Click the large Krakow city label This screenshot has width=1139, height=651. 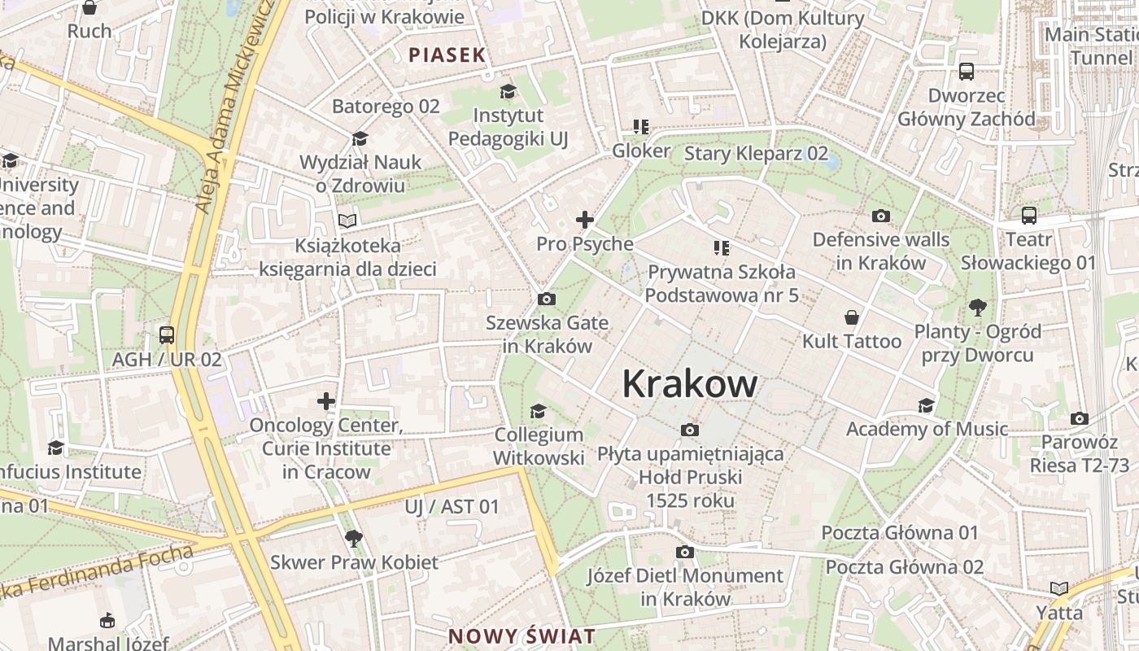point(690,384)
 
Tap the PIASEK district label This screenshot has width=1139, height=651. point(447,55)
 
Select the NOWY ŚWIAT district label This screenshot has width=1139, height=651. point(521,636)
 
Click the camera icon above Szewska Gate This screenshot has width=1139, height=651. point(547,299)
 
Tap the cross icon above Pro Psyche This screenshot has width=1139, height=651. point(584,219)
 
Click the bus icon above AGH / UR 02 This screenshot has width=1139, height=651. point(166,334)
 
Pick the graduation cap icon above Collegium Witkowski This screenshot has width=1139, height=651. point(538,410)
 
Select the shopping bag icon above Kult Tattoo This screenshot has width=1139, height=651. point(852,317)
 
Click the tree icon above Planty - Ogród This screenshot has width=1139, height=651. point(978,307)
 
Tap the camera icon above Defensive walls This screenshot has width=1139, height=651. point(880,216)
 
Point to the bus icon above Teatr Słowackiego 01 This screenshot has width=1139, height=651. point(1028,216)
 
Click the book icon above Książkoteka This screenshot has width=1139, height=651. point(347,221)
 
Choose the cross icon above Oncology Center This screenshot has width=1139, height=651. point(326,401)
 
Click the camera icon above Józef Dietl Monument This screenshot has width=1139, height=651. point(685,552)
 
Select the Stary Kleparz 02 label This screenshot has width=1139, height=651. point(756,153)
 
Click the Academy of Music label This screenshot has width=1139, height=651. point(927,429)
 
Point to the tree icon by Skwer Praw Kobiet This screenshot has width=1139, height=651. point(353,538)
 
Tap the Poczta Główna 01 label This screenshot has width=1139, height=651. point(899,533)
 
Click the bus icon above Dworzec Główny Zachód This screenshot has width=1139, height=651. point(966,72)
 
